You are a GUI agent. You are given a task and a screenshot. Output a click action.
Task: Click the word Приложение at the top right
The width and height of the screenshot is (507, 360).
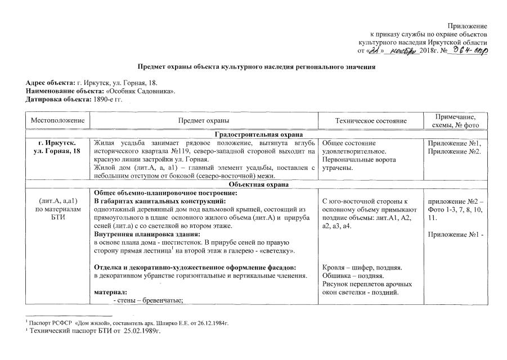click(x=467, y=26)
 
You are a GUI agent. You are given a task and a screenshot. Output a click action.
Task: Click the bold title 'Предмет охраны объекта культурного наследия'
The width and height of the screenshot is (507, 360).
click(x=257, y=67)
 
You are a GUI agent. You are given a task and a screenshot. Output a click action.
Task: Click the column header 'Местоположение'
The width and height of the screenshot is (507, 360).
click(x=57, y=121)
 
